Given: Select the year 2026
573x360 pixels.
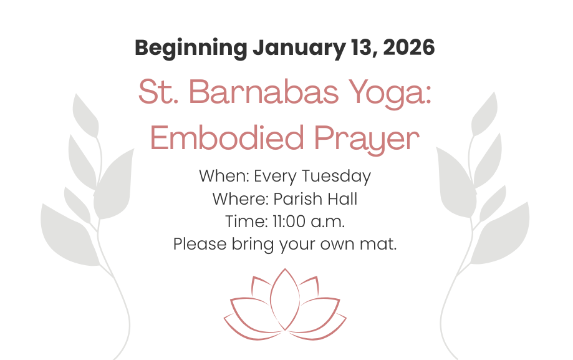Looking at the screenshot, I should pyautogui.click(x=408, y=48).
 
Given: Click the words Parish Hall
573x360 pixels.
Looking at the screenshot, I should pyautogui.click(x=315, y=199).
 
